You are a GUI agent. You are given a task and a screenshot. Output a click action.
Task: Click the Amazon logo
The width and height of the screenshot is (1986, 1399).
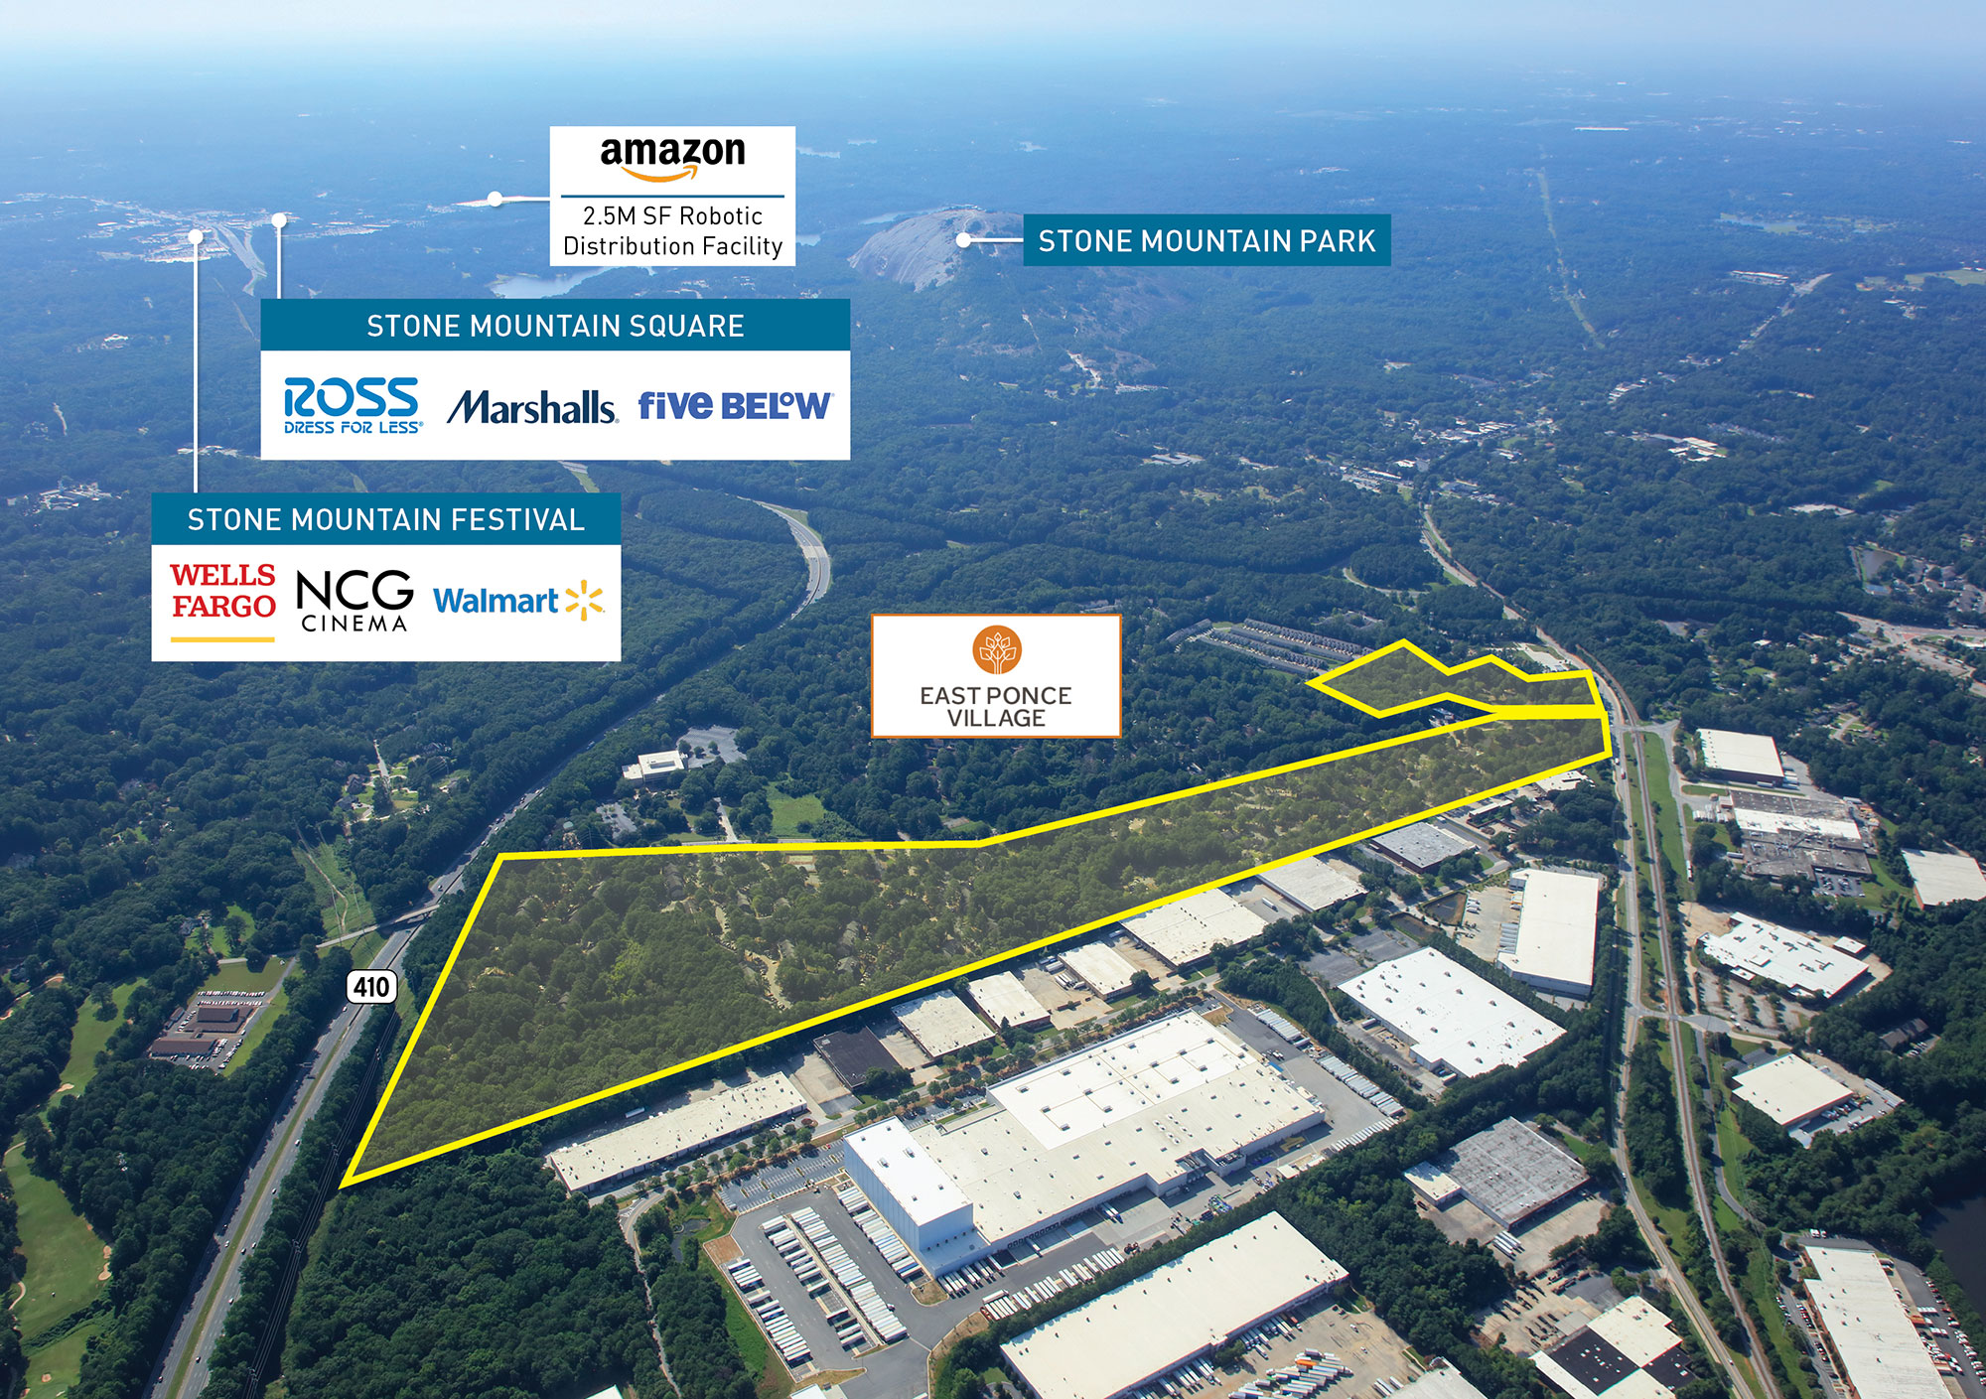point(672,159)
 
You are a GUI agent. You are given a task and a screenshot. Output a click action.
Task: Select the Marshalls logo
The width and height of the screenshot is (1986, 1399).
point(531,407)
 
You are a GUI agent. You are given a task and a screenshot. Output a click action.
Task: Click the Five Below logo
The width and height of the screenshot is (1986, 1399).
point(735,404)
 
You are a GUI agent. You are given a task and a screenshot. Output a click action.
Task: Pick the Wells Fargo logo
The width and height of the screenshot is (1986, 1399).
point(222,602)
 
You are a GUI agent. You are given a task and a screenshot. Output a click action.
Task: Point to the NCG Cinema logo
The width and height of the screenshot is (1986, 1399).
point(355,601)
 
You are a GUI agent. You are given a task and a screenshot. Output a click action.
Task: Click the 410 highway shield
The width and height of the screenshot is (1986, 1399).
point(371,986)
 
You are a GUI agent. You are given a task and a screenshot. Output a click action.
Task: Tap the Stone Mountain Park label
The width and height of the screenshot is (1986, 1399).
point(1206,240)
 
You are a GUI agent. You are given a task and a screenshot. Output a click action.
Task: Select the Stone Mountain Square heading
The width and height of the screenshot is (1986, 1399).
point(555,326)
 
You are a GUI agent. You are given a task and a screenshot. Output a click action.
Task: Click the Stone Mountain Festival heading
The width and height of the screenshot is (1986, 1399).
point(385,519)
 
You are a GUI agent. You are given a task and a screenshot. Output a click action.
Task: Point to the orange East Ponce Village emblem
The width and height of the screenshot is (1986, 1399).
point(996,650)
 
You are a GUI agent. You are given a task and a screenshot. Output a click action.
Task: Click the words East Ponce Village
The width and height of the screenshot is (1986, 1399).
point(996,706)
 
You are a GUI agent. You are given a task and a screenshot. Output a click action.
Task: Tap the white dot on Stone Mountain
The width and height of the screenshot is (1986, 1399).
point(962,239)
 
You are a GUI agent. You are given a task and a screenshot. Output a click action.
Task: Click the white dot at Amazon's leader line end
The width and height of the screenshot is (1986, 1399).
point(495,199)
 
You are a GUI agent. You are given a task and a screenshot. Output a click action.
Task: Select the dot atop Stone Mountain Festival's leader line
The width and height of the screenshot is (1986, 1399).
point(196,236)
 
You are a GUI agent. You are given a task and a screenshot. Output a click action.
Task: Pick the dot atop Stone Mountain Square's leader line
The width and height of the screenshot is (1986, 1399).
point(279,219)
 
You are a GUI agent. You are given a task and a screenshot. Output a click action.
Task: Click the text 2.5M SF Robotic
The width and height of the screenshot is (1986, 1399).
point(672,215)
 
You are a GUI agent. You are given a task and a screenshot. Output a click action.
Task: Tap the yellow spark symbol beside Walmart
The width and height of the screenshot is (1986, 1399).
point(584,600)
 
